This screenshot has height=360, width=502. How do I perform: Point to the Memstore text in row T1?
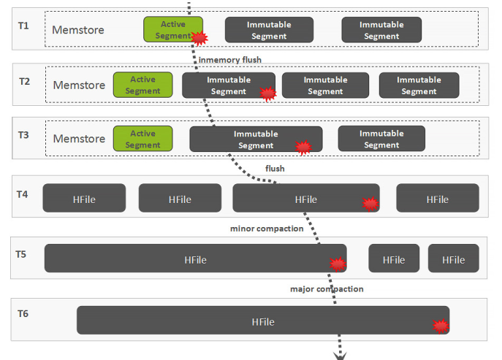77,30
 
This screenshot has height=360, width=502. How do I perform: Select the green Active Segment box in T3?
142,139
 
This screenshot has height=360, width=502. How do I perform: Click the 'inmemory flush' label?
229,59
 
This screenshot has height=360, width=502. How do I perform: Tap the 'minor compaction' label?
267,229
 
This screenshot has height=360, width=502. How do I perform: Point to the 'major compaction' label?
327,288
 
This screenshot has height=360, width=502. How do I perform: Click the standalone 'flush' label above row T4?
275,168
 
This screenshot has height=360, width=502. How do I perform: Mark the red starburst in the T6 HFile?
440,326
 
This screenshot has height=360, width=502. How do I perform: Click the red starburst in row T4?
370,204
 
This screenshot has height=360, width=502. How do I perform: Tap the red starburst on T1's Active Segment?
198,37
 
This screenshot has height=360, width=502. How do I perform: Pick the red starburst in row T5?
337,264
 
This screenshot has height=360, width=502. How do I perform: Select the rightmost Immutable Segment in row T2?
419,85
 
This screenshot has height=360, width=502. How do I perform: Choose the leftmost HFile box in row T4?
84,199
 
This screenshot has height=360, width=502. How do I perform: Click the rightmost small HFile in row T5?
453,259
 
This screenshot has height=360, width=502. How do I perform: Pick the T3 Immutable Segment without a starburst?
381,139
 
